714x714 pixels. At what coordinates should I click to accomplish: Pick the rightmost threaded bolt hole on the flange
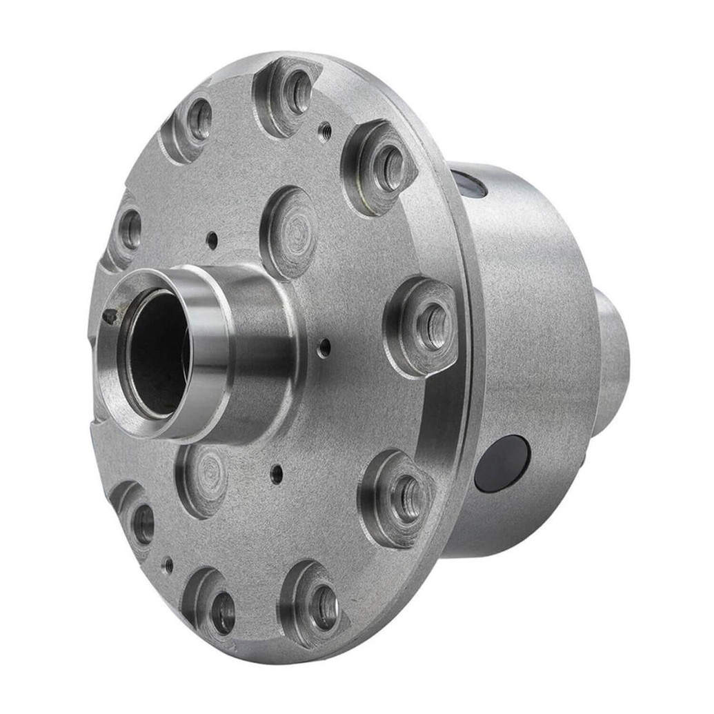point(432,326)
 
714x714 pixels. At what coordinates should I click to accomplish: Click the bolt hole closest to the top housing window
point(388,168)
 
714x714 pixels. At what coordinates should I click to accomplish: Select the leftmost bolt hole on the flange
point(130,230)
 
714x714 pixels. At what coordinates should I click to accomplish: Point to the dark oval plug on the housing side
point(502,463)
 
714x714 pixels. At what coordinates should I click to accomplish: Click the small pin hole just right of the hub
point(324,348)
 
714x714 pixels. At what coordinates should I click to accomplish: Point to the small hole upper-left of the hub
point(212,240)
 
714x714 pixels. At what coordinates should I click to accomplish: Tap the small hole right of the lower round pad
point(277,473)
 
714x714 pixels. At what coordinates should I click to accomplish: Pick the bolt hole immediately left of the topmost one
point(199,119)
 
